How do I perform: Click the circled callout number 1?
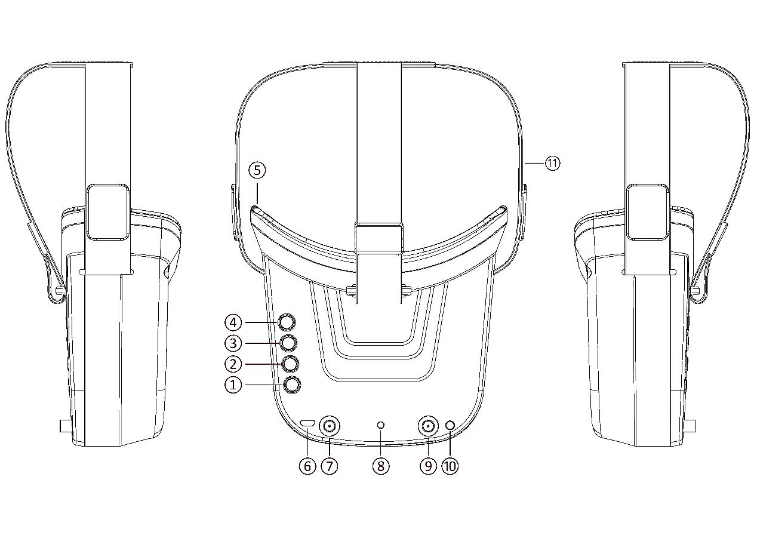pyautogui.click(x=233, y=385)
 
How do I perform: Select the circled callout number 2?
pyautogui.click(x=233, y=364)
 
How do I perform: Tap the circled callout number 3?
pyautogui.click(x=233, y=343)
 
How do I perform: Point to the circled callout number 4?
pyautogui.click(x=233, y=323)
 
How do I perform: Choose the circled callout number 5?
pyautogui.click(x=257, y=170)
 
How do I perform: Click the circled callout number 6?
pyautogui.click(x=307, y=466)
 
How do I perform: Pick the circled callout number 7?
pyautogui.click(x=329, y=466)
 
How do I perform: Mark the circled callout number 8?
pyautogui.click(x=381, y=466)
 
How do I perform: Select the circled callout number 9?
pyautogui.click(x=428, y=466)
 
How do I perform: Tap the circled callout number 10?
pyautogui.click(x=450, y=466)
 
